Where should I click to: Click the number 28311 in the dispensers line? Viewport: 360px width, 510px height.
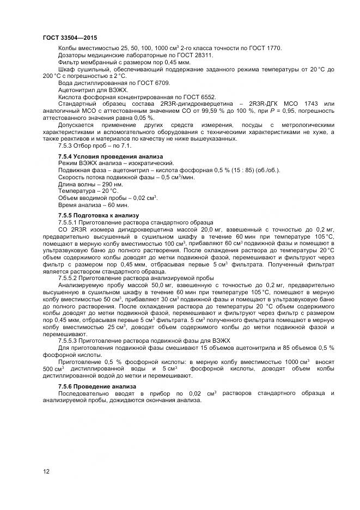203,55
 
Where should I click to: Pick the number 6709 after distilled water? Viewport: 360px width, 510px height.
162,83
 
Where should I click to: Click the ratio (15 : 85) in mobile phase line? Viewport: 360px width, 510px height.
242,170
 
